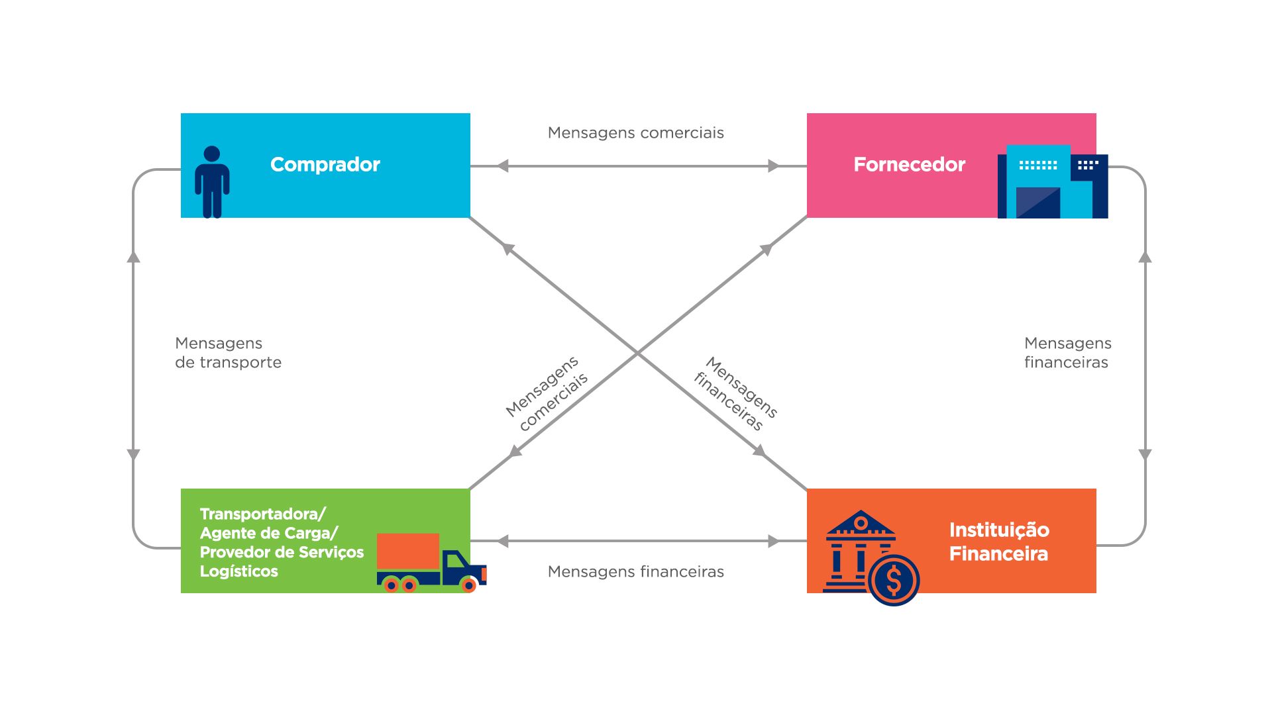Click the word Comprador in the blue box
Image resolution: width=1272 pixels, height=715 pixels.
pyautogui.click(x=325, y=164)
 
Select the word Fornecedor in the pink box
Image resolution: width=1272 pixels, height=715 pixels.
pyautogui.click(x=909, y=164)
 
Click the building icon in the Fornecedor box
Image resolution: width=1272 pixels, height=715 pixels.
pyautogui.click(x=1052, y=182)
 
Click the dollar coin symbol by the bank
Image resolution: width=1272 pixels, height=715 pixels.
pyautogui.click(x=894, y=581)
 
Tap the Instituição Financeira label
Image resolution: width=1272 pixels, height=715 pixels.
pyautogui.click(x=998, y=542)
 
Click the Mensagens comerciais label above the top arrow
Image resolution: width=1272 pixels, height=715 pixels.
pyautogui.click(x=635, y=133)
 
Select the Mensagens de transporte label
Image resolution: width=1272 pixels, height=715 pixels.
pyautogui.click(x=228, y=353)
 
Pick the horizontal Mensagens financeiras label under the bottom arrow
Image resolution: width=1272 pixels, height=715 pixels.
pyautogui.click(x=635, y=571)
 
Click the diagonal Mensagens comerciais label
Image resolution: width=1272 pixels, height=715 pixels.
pyautogui.click(x=547, y=394)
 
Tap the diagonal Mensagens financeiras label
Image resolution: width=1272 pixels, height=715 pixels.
pyautogui.click(x=735, y=394)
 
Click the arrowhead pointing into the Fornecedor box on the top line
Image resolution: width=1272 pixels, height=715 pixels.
pyautogui.click(x=773, y=166)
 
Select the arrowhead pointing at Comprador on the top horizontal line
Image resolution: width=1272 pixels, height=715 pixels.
pyautogui.click(x=503, y=166)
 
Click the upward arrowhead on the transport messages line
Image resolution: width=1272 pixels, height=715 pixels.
pyautogui.click(x=133, y=257)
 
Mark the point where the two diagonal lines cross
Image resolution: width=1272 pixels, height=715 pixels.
pyautogui.click(x=637, y=353)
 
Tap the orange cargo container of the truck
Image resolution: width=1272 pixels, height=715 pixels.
pyautogui.click(x=408, y=551)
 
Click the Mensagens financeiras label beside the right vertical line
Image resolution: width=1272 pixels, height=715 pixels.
pyautogui.click(x=1067, y=353)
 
